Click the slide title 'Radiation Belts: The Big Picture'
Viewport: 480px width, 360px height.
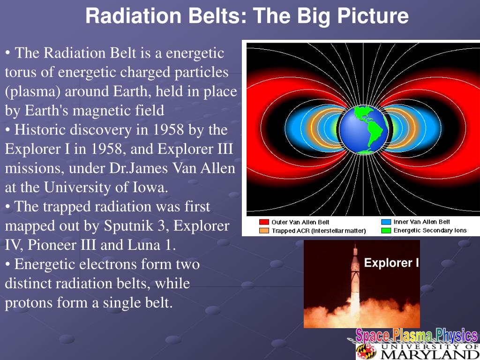(x=247, y=16)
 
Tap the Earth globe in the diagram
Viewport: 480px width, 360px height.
(x=363, y=129)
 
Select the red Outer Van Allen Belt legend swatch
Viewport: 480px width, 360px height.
(x=264, y=222)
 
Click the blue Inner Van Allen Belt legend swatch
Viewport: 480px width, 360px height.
(x=386, y=222)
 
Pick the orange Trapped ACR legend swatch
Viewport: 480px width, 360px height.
(x=264, y=231)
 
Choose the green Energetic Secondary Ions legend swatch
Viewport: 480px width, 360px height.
(x=386, y=231)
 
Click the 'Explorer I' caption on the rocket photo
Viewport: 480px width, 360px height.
(x=391, y=263)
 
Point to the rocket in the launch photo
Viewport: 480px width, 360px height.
(x=355, y=281)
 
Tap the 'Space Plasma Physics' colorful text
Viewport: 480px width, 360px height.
(x=416, y=336)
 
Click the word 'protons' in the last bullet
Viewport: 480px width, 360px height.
(x=29, y=303)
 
